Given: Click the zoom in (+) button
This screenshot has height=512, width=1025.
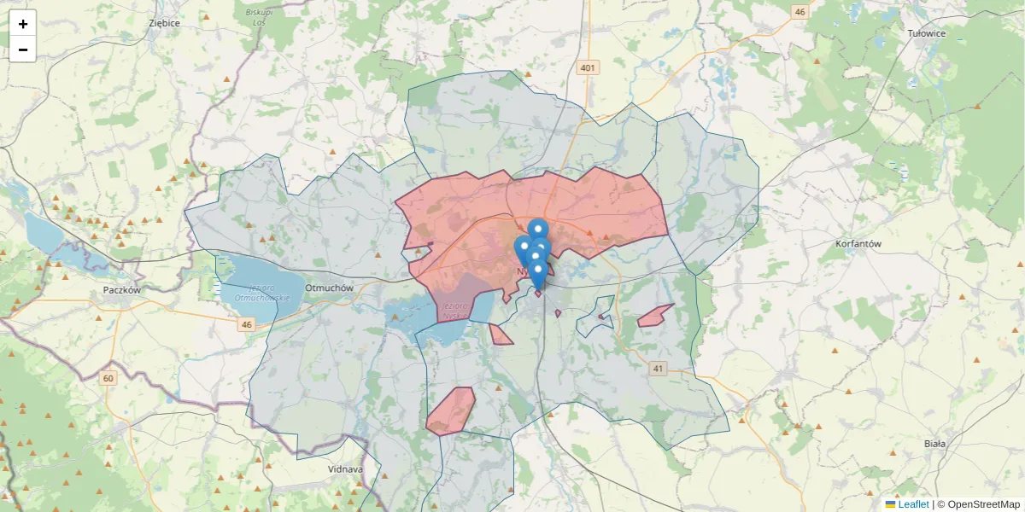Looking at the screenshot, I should click(23, 24).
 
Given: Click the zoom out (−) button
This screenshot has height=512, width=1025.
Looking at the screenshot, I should click(23, 49).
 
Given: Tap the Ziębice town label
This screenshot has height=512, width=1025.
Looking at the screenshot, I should click(164, 23).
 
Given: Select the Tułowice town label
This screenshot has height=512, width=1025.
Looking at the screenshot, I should click(927, 33).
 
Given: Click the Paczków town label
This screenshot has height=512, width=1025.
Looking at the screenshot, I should click(120, 289).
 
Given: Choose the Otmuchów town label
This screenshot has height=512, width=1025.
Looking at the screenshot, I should click(329, 288).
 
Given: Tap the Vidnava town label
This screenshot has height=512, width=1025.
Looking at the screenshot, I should click(345, 469).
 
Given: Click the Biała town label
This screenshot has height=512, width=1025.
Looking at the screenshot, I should click(935, 444).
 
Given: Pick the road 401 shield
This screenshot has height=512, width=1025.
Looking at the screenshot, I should click(587, 67).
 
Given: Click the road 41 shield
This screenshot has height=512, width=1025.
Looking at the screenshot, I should click(657, 369).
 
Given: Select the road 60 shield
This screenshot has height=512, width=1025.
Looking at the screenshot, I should click(108, 378).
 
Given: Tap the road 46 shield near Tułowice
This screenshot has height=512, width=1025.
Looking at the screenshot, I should click(799, 12).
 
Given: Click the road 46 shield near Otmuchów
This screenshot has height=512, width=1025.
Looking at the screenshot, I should click(247, 324).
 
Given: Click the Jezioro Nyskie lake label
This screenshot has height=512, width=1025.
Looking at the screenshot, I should click(454, 311).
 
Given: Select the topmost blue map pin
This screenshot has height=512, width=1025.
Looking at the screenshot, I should click(538, 229).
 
